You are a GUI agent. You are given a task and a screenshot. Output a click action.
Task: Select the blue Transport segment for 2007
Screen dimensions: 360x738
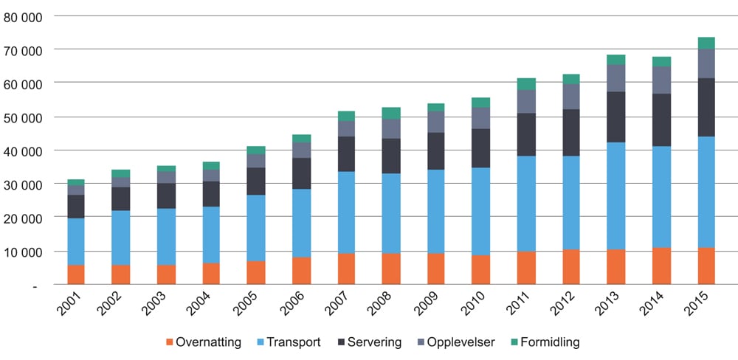point(346,212)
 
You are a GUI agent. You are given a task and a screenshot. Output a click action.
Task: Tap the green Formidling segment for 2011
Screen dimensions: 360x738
point(526,84)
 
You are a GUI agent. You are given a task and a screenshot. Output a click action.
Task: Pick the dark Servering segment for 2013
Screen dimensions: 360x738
point(616,117)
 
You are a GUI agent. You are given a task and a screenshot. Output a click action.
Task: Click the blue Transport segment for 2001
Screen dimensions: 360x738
point(76,241)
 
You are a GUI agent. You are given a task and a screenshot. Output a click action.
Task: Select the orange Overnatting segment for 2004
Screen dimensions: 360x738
point(211,273)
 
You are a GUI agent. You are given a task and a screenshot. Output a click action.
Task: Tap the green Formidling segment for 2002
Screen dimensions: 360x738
point(121,173)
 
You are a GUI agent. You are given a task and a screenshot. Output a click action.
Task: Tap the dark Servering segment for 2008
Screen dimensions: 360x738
point(391,156)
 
